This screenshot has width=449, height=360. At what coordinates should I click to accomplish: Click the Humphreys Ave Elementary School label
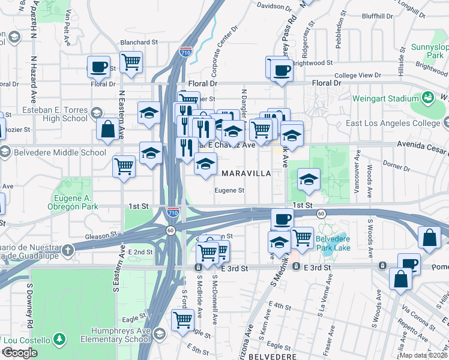click(x=120, y=335)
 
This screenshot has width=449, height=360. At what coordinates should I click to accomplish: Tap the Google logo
click(x=20, y=352)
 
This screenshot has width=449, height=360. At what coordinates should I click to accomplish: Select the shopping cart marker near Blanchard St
click(x=131, y=61)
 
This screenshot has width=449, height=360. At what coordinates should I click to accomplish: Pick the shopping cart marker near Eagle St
click(x=182, y=319)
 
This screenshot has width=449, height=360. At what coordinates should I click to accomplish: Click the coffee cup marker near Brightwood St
click(x=281, y=70)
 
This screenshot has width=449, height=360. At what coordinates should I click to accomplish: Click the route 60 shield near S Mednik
click(x=322, y=214)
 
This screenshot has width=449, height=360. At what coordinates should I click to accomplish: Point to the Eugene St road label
click(x=231, y=191)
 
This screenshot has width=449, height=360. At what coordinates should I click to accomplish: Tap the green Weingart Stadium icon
click(x=428, y=97)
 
